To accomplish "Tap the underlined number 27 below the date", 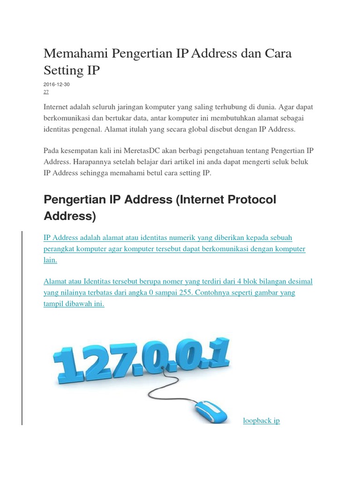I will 46,92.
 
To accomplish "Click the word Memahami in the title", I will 75,53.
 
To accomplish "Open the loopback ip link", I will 261,420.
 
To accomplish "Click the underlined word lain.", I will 50,260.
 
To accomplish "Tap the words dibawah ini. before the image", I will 82,304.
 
